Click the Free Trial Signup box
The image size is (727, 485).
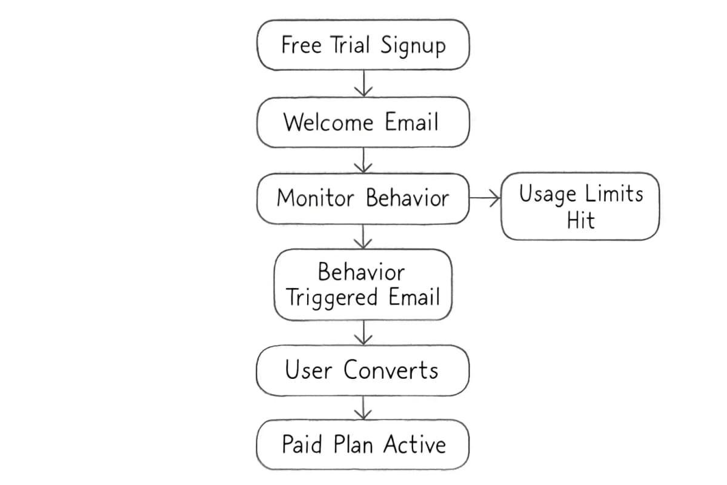pyautogui.click(x=363, y=45)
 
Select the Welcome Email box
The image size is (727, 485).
pyautogui.click(x=363, y=122)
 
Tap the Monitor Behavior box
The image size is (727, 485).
pyautogui.click(x=363, y=198)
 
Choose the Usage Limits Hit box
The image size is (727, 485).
pyautogui.click(x=580, y=207)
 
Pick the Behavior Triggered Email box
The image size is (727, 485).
pyautogui.click(x=363, y=285)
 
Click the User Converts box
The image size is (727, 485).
pyautogui.click(x=363, y=370)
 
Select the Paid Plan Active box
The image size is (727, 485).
pyautogui.click(x=363, y=444)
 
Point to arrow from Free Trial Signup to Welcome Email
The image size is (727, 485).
pyautogui.click(x=363, y=83)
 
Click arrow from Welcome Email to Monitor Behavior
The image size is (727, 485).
pyautogui.click(x=363, y=160)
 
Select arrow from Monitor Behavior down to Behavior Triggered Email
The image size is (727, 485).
pyautogui.click(x=363, y=236)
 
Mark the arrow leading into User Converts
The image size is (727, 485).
pyautogui.click(x=363, y=332)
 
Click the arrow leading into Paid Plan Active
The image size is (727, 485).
pyautogui.click(x=363, y=408)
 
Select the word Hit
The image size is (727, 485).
pyautogui.click(x=580, y=220)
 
